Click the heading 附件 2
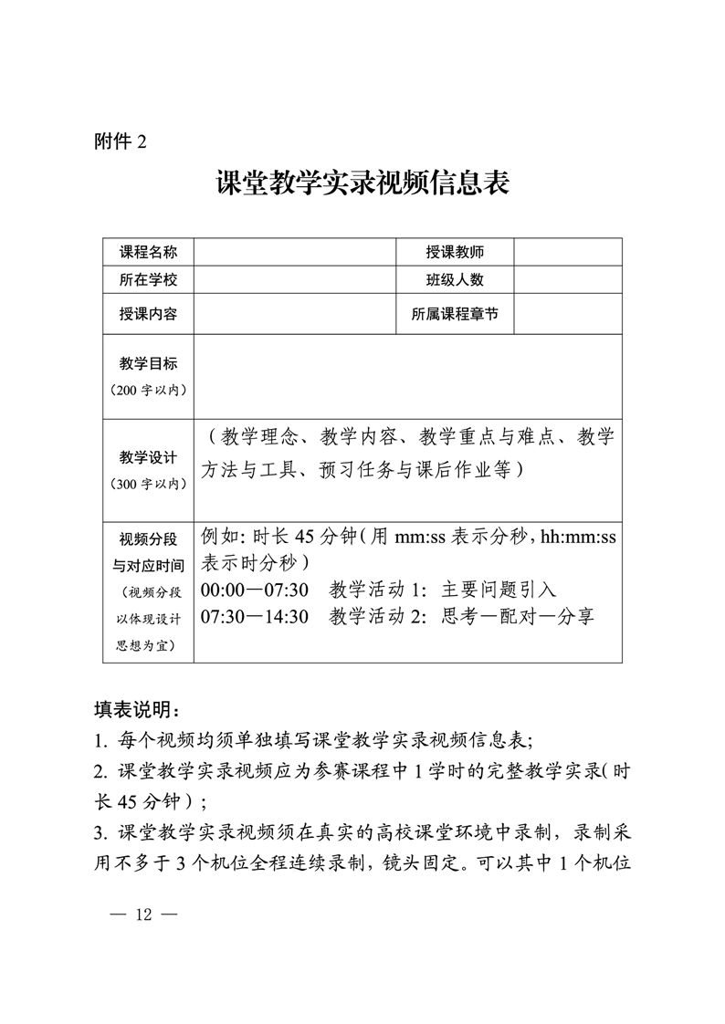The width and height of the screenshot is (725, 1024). (x=121, y=141)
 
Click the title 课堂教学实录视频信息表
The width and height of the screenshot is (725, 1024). (x=362, y=183)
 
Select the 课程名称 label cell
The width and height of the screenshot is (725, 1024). (x=148, y=252)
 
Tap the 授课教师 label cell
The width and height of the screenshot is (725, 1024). (x=455, y=252)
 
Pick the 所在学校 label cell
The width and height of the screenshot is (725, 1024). (x=148, y=279)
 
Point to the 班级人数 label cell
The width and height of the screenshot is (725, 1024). (x=455, y=279)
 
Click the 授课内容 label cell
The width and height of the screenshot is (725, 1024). (x=148, y=314)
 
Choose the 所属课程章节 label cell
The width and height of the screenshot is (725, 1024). (x=455, y=314)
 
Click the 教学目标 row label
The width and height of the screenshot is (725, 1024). (x=148, y=363)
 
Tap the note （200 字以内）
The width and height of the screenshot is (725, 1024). (x=148, y=391)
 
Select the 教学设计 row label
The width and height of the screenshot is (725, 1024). (x=148, y=457)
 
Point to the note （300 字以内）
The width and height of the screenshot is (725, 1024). (x=148, y=484)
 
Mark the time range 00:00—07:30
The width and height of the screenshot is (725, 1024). (x=255, y=590)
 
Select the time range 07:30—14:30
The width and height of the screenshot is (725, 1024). (x=255, y=616)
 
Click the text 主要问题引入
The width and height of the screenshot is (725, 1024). (x=499, y=590)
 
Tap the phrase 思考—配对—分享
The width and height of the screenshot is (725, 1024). (x=518, y=616)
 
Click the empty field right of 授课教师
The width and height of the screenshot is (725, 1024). (x=568, y=252)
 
